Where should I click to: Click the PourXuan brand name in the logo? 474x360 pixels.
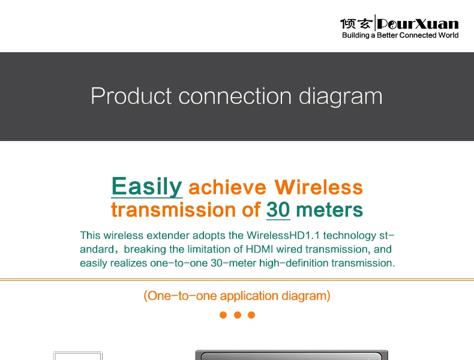click(x=418, y=24)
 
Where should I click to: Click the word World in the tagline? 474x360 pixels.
click(x=449, y=35)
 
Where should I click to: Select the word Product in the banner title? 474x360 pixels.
click(x=131, y=96)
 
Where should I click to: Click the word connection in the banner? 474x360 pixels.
click(x=235, y=96)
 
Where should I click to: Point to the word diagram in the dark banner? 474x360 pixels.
click(x=341, y=97)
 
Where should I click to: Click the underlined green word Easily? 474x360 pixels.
click(x=146, y=187)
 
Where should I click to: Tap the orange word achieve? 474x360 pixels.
click(x=227, y=187)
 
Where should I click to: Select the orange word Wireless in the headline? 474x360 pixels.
click(x=319, y=187)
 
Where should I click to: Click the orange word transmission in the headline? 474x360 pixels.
click(x=173, y=210)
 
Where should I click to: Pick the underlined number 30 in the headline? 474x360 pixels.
click(x=278, y=210)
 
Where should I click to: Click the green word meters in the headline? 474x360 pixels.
click(x=329, y=210)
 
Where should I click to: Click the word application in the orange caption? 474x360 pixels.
click(x=249, y=296)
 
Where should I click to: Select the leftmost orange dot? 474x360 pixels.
click(x=223, y=315)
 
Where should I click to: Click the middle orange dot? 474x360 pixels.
click(x=238, y=315)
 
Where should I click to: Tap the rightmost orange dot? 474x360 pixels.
click(x=251, y=315)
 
